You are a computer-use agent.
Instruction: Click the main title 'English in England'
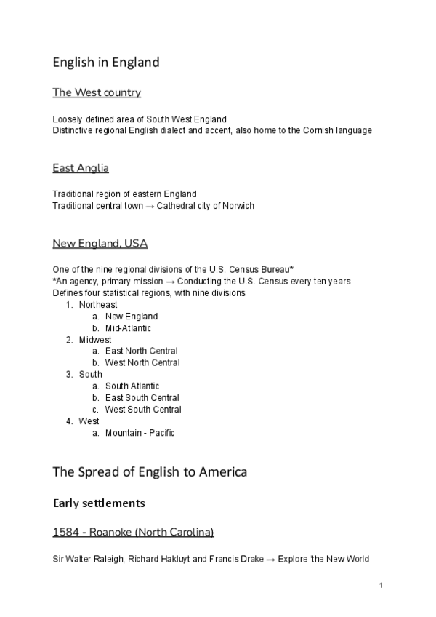tap(105, 63)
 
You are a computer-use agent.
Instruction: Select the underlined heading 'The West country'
tap(97, 92)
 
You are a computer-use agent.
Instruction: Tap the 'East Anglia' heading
tap(81, 168)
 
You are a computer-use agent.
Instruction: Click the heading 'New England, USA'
tap(100, 243)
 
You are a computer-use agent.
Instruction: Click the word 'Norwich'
tap(238, 206)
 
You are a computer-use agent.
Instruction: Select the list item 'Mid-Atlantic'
tap(128, 328)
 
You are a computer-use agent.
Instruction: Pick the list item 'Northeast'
tap(98, 305)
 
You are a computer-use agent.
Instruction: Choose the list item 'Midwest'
tap(95, 340)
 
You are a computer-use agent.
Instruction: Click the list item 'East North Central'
tap(142, 351)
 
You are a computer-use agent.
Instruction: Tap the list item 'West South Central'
tap(143, 410)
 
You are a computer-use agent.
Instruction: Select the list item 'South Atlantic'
tap(132, 386)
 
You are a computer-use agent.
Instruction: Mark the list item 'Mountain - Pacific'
tap(140, 433)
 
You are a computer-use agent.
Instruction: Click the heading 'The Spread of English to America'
tap(150, 472)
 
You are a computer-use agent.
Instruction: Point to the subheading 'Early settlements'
tap(99, 503)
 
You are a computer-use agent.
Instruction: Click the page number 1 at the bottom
tap(381, 586)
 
